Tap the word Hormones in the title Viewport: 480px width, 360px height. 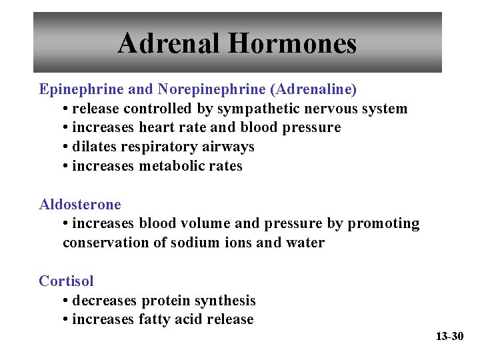(293, 44)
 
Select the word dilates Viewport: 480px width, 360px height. (94, 147)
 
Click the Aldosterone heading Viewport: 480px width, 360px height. (80, 204)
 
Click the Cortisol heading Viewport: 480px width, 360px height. (66, 281)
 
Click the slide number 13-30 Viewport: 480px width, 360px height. (449, 336)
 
